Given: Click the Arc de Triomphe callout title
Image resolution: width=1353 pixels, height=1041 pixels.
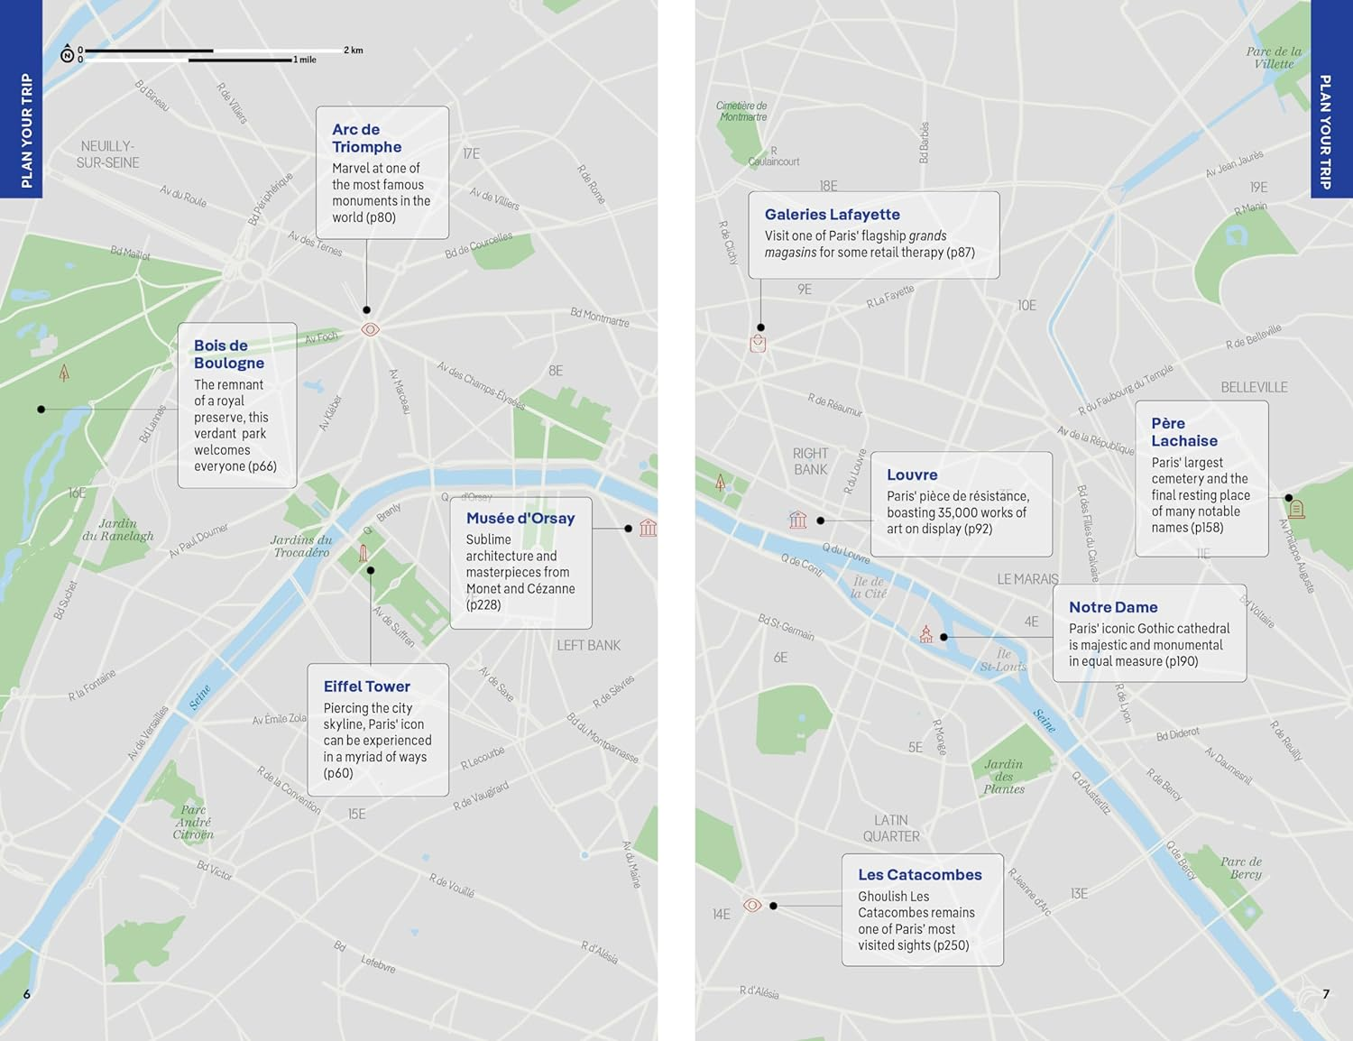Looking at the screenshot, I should pyautogui.click(x=366, y=138).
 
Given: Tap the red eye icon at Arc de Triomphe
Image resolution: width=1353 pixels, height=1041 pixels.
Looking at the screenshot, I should pyautogui.click(x=370, y=329).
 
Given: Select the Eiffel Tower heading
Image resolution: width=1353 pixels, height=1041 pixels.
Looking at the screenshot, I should pyautogui.click(x=366, y=686).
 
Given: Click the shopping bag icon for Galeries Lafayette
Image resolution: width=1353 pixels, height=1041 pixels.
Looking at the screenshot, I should pyautogui.click(x=758, y=344).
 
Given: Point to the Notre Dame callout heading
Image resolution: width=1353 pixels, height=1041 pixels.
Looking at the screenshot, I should pyautogui.click(x=1113, y=607).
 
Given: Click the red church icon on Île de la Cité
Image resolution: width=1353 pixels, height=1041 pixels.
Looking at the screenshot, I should pyautogui.click(x=925, y=634).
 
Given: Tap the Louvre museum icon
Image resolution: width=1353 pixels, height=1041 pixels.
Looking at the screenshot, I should pyautogui.click(x=798, y=520).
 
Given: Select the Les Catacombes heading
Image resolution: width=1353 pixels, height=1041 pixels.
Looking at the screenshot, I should pyautogui.click(x=919, y=875).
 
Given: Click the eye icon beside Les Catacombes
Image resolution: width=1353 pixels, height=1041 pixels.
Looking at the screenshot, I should pyautogui.click(x=752, y=905).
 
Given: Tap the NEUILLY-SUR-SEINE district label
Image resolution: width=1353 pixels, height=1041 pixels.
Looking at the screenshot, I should pyautogui.click(x=108, y=154).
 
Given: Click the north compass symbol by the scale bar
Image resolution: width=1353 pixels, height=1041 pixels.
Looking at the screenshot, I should pyautogui.click(x=67, y=55).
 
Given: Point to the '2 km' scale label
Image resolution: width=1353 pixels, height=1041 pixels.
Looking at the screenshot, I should pyautogui.click(x=353, y=51).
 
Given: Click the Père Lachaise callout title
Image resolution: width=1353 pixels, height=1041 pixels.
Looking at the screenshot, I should pyautogui.click(x=1183, y=432).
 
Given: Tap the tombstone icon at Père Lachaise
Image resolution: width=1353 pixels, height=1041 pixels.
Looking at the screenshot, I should pyautogui.click(x=1296, y=509).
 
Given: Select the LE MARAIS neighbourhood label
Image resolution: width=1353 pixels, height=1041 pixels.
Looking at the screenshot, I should pyautogui.click(x=1027, y=579).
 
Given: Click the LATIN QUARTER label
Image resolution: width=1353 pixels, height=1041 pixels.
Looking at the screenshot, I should pyautogui.click(x=891, y=828).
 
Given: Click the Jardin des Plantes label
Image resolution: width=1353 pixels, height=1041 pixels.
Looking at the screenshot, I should pyautogui.click(x=1004, y=776).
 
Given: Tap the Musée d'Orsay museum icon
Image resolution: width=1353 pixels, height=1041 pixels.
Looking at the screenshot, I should pyautogui.click(x=648, y=528).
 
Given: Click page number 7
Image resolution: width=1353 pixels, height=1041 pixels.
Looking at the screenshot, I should pyautogui.click(x=1325, y=994).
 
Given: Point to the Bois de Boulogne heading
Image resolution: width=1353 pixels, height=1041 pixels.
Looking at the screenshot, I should pyautogui.click(x=228, y=355).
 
